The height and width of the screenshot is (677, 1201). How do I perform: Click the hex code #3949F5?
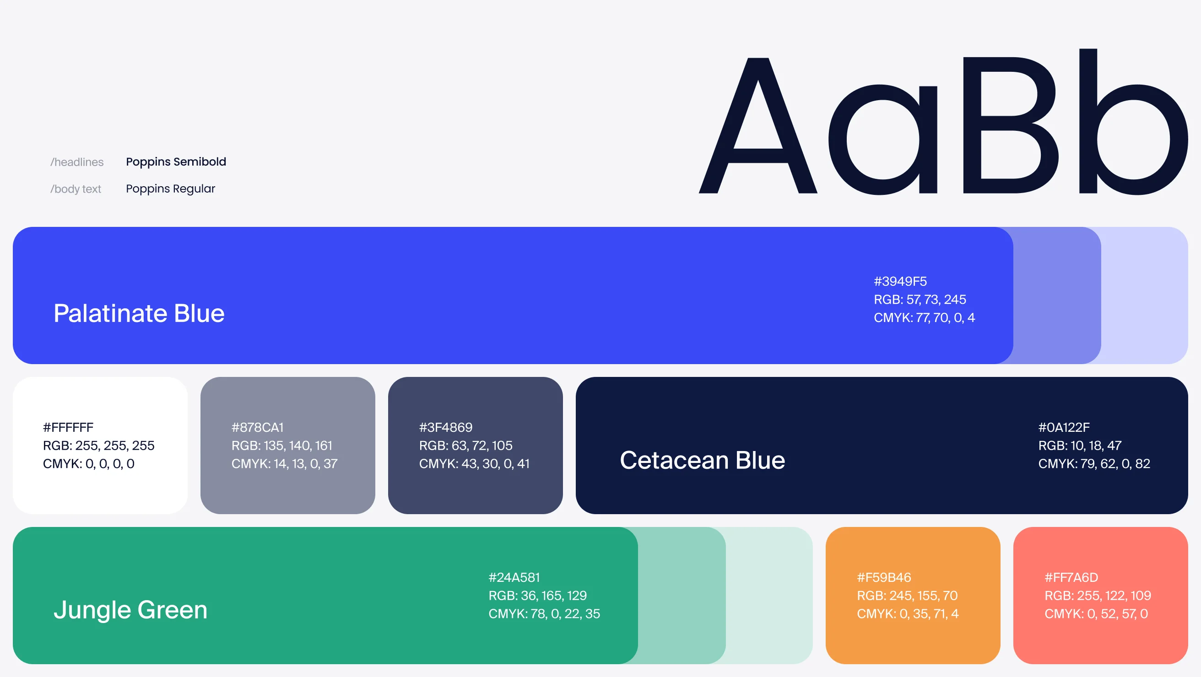point(900,281)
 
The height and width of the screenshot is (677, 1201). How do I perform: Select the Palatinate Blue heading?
point(139,313)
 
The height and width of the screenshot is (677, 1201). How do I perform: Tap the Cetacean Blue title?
point(702,460)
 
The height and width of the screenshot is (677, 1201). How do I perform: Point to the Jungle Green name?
point(130,610)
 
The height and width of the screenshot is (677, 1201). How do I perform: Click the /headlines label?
point(77,162)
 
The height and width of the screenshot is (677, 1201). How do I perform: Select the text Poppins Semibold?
point(176,161)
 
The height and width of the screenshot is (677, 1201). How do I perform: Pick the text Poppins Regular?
point(170,189)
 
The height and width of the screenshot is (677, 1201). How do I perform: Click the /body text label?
point(76,189)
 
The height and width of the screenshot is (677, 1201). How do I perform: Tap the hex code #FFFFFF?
point(68,427)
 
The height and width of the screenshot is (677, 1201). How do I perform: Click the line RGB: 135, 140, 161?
point(281,446)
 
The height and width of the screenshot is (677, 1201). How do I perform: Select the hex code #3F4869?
point(445,427)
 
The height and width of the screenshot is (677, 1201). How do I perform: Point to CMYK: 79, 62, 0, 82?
point(1094,463)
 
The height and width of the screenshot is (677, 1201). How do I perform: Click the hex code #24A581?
point(514,577)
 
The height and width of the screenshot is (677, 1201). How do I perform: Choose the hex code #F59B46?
point(883,577)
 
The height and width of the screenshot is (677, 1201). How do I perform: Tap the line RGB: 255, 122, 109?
point(1098,596)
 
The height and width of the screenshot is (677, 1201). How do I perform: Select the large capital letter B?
point(1010,125)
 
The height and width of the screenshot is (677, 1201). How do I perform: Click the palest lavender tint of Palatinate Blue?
point(1145,296)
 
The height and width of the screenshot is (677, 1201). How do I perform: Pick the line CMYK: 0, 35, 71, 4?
point(907,613)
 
